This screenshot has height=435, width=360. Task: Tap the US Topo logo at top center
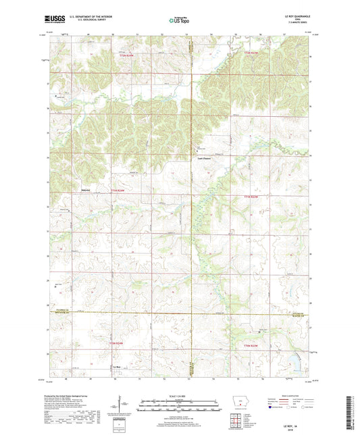(179, 22)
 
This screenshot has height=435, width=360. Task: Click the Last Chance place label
(204, 159)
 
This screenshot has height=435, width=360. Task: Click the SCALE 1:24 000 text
(179, 396)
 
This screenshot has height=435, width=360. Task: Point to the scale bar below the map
(179, 405)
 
